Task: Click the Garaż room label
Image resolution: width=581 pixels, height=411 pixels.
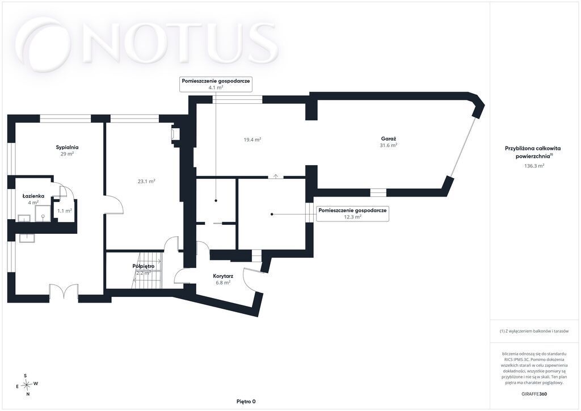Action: pos(388,139)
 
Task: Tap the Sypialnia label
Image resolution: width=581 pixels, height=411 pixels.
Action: pos(67,147)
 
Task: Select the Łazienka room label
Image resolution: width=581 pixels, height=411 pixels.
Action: pos(33,196)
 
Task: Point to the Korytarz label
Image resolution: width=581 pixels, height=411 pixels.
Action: pos(223,276)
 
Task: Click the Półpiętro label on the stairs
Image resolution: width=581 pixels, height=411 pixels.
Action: pos(144,266)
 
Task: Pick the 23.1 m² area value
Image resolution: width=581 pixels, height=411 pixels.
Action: pos(146,181)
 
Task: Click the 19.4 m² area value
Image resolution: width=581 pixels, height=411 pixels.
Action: pos(252,140)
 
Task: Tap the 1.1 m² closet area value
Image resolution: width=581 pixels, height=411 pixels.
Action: pos(65,211)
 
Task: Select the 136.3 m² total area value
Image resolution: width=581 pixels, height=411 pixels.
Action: pos(534,166)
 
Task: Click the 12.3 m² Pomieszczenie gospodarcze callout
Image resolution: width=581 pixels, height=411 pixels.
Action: pos(352,214)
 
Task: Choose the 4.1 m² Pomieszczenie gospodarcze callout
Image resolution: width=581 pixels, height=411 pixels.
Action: pos(216,84)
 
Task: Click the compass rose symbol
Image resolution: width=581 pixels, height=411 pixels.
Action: pos(26,385)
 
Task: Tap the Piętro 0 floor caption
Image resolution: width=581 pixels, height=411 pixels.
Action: pos(246,401)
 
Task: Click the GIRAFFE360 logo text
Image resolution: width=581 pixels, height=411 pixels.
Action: pos(533,394)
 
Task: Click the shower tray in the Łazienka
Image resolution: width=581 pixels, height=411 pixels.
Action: pos(43,214)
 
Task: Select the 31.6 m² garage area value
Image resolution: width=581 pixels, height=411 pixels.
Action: pos(388,145)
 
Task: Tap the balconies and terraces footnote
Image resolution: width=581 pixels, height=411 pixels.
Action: pos(534,331)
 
